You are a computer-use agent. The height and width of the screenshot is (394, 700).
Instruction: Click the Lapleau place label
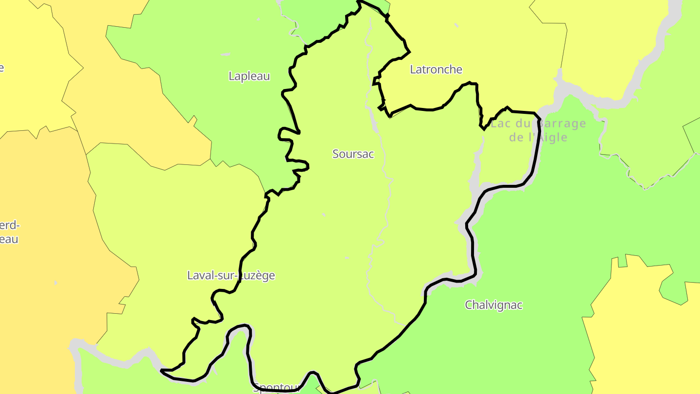click(249, 76)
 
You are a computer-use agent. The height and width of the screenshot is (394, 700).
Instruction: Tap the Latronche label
click(436, 70)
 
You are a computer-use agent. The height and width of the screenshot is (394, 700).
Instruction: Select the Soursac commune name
click(353, 154)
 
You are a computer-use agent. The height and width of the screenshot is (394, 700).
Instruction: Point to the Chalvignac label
click(493, 305)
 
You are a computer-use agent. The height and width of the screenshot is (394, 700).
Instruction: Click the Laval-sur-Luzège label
click(231, 276)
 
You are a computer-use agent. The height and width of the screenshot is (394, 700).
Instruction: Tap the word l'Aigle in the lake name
click(548, 138)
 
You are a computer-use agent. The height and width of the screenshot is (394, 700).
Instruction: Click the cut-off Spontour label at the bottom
click(277, 388)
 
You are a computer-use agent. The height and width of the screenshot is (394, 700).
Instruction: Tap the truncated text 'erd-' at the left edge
click(9, 225)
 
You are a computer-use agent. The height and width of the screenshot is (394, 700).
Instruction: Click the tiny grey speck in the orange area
click(56, 283)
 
